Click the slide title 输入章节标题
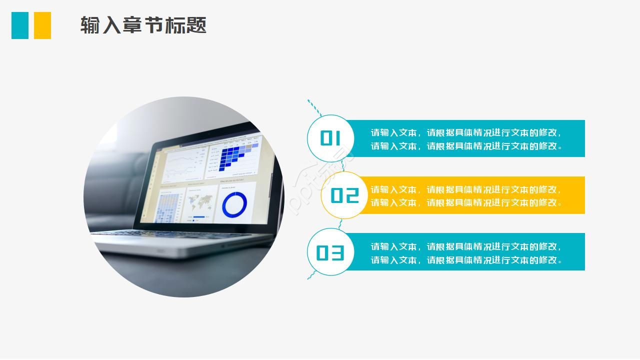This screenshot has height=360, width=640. coord(143,25)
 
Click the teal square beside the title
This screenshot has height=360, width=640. coord(20,25)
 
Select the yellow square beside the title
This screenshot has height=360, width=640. coord(42,25)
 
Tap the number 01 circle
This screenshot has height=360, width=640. coord(330,138)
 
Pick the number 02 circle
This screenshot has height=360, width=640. coord(344,195)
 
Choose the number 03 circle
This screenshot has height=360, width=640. coord(330,252)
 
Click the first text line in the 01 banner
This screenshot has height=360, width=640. coord(466,132)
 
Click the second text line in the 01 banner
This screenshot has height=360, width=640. coord(466,146)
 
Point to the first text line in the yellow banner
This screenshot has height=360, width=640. coord(466,189)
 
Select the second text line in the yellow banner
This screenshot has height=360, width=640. coord(466,202)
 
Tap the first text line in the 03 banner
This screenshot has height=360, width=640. coord(466,246)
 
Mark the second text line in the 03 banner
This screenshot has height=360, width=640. coord(466,260)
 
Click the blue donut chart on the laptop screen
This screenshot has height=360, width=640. coord(234,205)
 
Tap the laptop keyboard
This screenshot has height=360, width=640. coord(165,234)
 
